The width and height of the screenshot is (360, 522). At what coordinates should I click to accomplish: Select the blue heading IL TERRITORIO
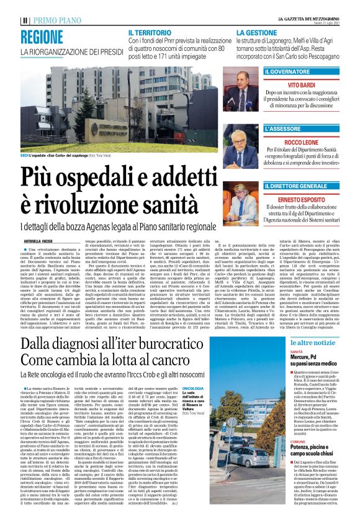[150, 31]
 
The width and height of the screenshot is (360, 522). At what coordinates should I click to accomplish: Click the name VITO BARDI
[310, 84]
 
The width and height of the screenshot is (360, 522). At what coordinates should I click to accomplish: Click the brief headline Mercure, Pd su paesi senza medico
[307, 360]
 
